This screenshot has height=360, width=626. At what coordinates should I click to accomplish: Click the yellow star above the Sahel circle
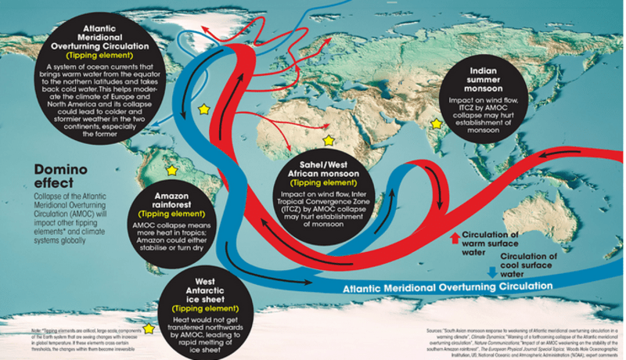coord(329,140)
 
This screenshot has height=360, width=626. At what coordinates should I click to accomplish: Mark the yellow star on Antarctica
coord(149,329)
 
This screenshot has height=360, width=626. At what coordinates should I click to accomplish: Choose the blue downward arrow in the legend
coord(491,273)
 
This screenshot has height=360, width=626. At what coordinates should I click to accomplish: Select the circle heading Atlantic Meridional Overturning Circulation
coord(103,38)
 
